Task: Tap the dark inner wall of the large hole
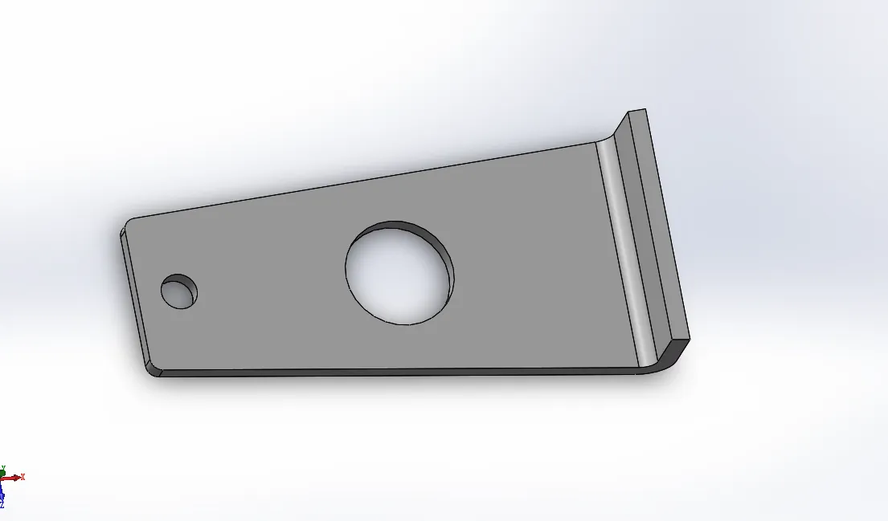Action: [434, 249]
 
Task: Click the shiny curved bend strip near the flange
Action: [623, 249]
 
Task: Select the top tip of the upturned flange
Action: [636, 112]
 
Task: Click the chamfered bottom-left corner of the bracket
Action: [153, 369]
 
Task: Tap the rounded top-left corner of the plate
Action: [131, 221]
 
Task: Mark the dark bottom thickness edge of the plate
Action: [402, 372]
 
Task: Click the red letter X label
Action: [23, 477]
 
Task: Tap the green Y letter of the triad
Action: [3, 466]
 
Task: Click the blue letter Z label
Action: [2, 505]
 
